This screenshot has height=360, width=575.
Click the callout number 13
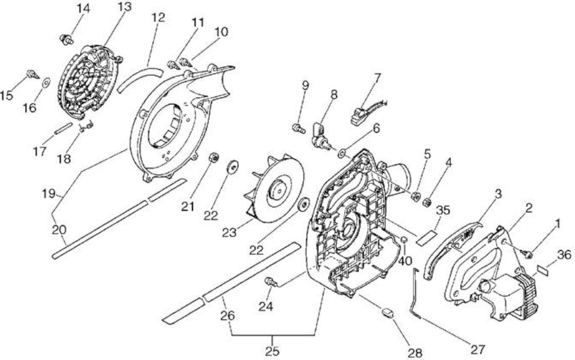click(x=124, y=7)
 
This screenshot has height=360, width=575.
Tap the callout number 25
click(x=272, y=351)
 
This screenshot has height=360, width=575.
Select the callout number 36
click(x=564, y=255)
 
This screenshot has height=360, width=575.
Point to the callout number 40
click(x=405, y=261)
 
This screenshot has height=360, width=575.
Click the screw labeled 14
click(x=67, y=40)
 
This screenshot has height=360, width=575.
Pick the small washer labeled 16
click(x=47, y=83)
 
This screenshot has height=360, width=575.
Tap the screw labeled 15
click(x=33, y=75)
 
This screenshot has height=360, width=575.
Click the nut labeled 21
click(x=213, y=157)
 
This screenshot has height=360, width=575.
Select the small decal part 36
click(x=543, y=270)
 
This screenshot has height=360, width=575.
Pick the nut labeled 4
click(x=427, y=203)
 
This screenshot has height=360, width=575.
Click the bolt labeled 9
click(x=299, y=127)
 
